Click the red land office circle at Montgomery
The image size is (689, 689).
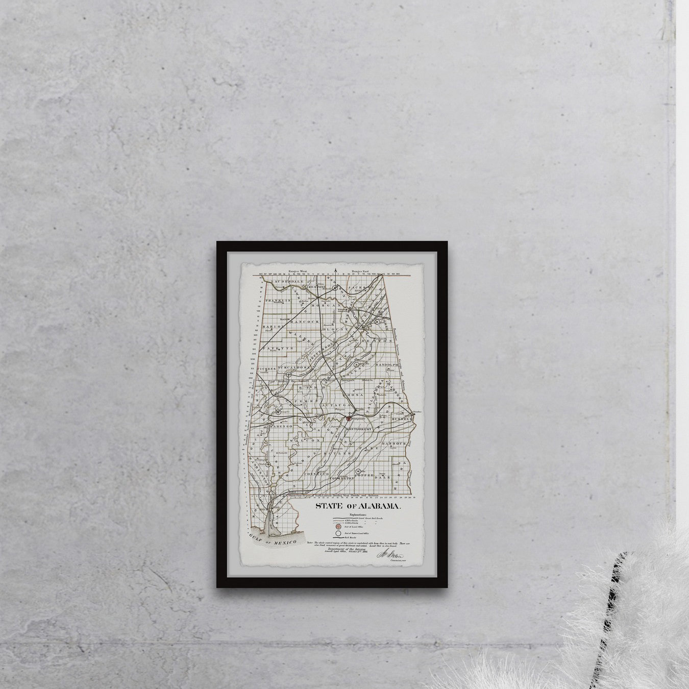coord(349,418)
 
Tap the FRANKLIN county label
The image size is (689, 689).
coord(278,301)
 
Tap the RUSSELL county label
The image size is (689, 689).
coord(402,417)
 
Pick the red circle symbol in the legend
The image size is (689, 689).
coord(338,526)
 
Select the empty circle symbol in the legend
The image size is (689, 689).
coord(338,533)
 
